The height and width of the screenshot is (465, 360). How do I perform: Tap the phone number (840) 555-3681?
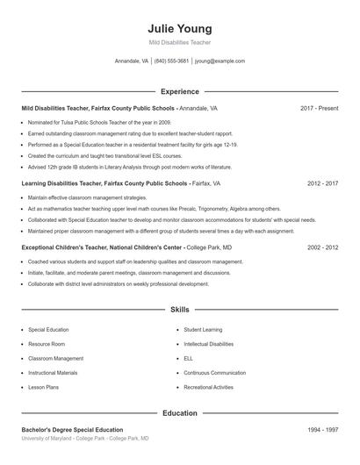tap(172, 61)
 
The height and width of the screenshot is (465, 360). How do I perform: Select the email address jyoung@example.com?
tap(220, 61)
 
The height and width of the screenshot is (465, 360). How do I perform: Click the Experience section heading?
tap(179, 91)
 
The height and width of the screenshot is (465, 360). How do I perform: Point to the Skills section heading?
tap(179, 310)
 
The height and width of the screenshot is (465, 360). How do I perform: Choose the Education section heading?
tap(179, 412)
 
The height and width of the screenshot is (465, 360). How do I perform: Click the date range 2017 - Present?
tap(319, 108)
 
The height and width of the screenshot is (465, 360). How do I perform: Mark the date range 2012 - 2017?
tap(322, 184)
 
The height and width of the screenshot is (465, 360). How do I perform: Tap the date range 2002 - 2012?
tap(322, 248)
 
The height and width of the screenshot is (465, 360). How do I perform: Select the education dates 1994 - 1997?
tap(322, 430)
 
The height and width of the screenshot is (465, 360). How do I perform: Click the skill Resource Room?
tap(47, 344)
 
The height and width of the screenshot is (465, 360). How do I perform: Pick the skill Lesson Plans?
tap(43, 387)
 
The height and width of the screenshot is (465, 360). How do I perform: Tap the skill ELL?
tap(188, 358)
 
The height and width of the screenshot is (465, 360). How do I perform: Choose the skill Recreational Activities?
tap(208, 387)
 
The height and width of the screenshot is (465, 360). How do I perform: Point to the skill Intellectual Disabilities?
tap(208, 344)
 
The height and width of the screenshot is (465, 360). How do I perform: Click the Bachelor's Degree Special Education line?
tap(72, 430)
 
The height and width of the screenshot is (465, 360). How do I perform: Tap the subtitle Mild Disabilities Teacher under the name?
tap(179, 42)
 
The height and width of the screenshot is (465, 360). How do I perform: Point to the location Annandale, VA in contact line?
tap(132, 61)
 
